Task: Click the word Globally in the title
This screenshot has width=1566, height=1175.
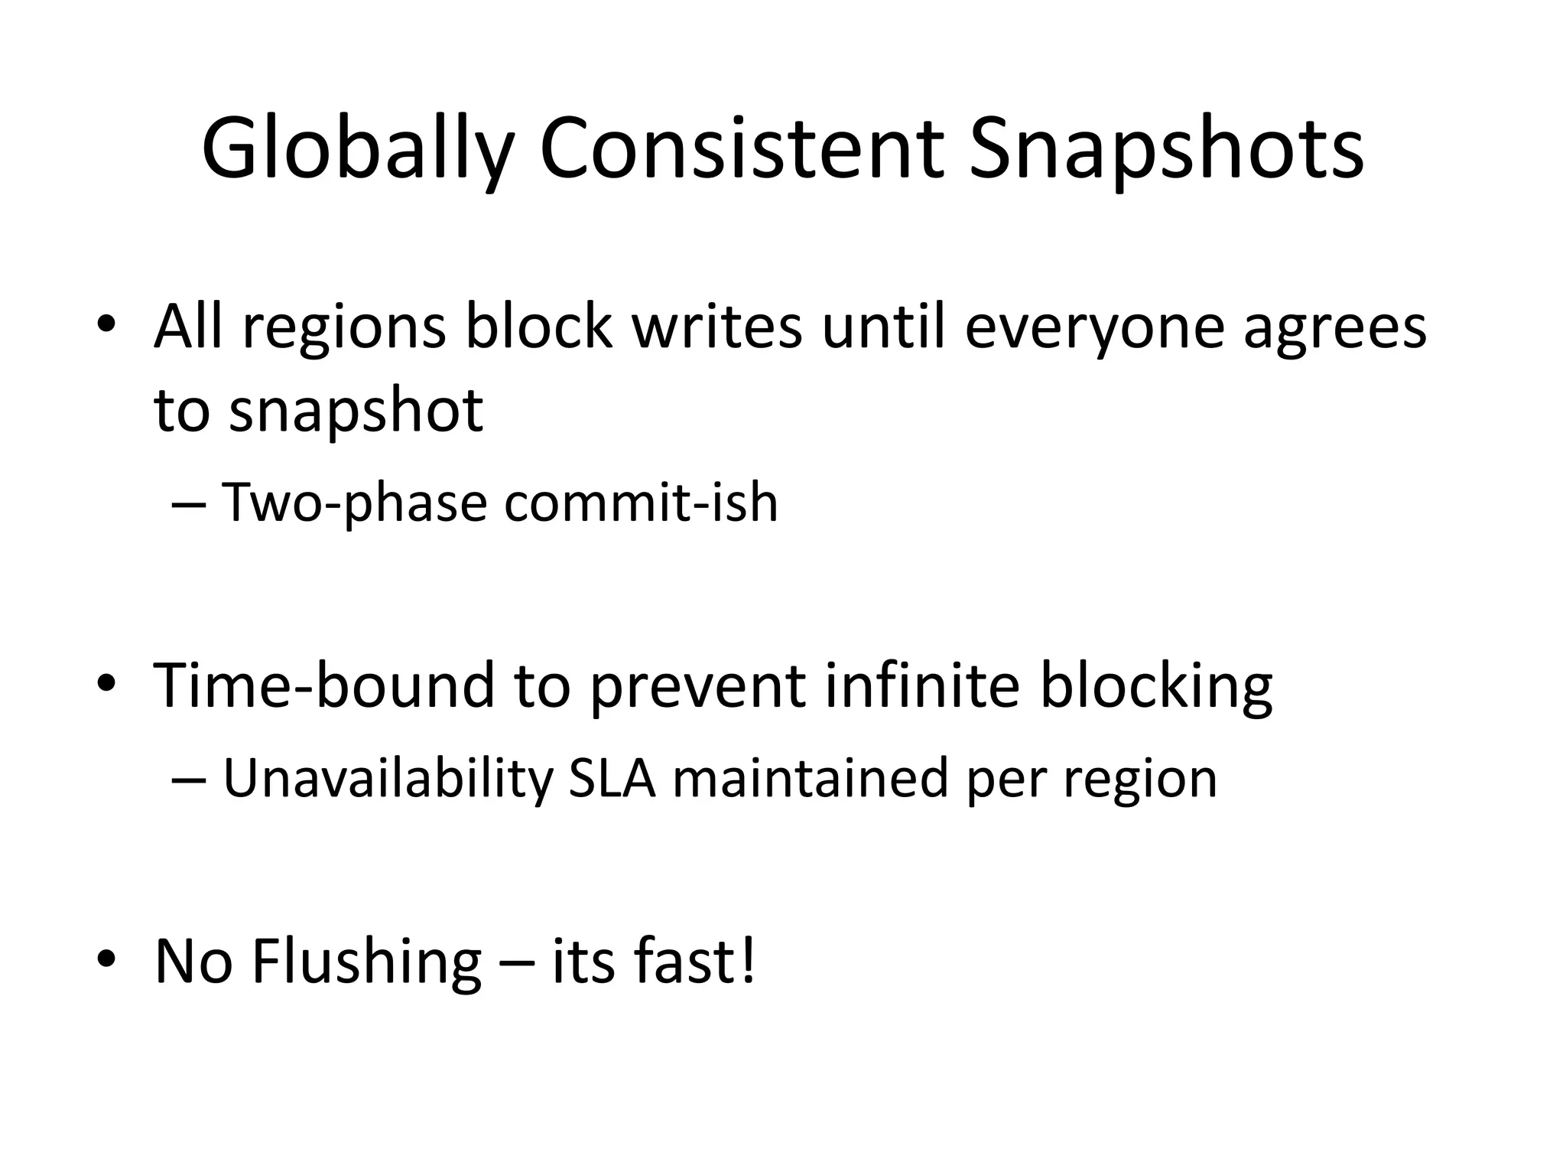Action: [356, 149]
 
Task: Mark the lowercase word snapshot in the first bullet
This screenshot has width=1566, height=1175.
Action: [356, 411]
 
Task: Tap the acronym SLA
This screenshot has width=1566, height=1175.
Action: [612, 779]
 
